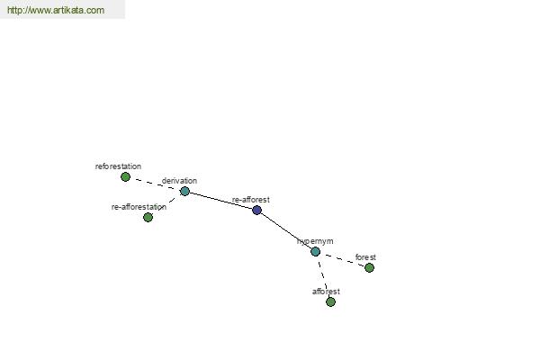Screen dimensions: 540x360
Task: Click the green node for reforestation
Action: coord(125,176)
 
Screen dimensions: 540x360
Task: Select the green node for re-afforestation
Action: coord(148,217)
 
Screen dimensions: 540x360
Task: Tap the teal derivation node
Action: coord(184,191)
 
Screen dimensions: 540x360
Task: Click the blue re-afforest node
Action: coord(256,210)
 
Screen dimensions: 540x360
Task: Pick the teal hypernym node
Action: coord(316,251)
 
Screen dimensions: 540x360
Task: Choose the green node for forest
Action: coord(369,267)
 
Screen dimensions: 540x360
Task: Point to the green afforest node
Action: coord(330,301)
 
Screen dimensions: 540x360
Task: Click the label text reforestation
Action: coord(118,166)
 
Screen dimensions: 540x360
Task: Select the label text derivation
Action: coord(179,181)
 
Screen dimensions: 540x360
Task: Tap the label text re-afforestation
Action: coord(139,207)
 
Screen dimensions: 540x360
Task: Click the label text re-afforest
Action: coord(251,200)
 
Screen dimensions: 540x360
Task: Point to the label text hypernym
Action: coord(315,241)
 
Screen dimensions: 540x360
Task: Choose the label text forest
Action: coord(365,257)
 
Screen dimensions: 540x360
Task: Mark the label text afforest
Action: coord(326,292)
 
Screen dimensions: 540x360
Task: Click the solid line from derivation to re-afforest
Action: coord(220,201)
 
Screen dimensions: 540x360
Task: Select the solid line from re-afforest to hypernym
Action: coord(286,230)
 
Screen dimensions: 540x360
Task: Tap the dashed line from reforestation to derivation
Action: coord(156,184)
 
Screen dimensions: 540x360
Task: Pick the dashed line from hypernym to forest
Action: coord(342,259)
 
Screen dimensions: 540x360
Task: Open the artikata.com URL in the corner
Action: coord(56,10)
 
